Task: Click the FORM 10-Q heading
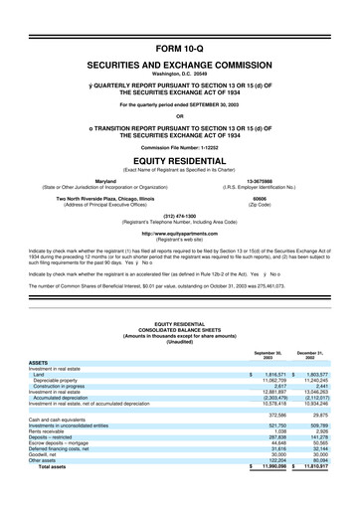click(180, 48)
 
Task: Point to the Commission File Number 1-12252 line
click(180, 148)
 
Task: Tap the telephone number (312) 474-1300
click(180, 215)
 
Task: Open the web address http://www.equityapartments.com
click(180, 234)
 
